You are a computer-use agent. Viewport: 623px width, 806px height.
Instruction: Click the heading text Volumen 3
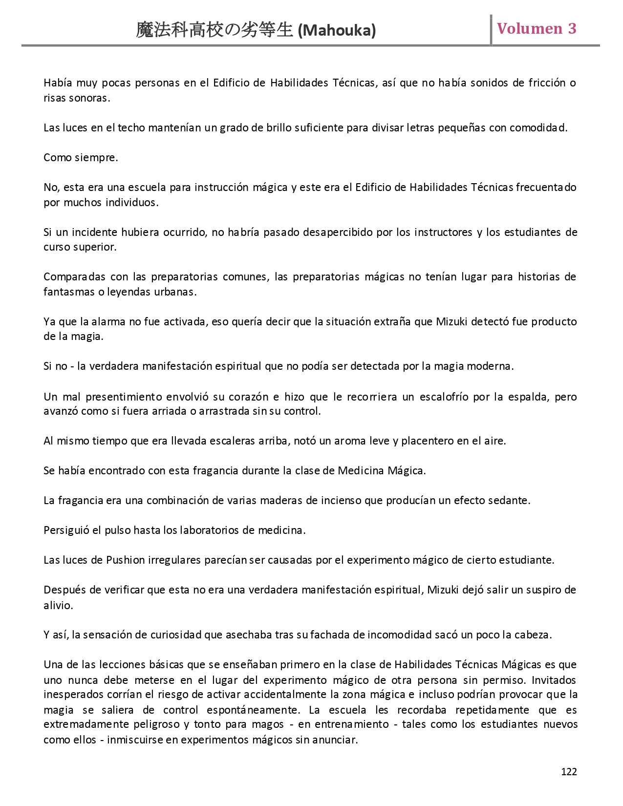pyautogui.click(x=537, y=29)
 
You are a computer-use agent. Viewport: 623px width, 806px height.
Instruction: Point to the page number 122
pyautogui.click(x=569, y=771)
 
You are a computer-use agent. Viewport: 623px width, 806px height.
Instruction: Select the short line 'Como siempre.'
pyautogui.click(x=81, y=158)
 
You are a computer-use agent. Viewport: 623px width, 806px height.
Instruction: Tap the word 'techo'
pyautogui.click(x=132, y=128)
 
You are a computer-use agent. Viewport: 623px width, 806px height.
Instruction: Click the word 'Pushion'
pyautogui.click(x=125, y=560)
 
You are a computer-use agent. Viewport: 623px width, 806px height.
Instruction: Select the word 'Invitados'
pyautogui.click(x=554, y=679)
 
